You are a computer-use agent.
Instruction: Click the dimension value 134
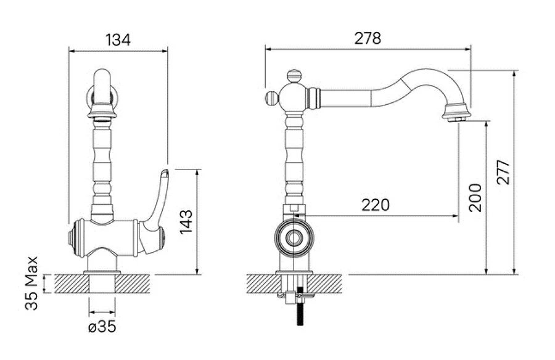[118, 39]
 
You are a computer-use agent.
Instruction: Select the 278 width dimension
[368, 38]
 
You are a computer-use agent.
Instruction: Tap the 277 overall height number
[503, 173]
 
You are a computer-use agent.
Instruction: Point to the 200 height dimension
[475, 198]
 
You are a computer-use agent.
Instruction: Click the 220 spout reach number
[376, 205]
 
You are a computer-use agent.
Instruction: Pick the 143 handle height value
[186, 222]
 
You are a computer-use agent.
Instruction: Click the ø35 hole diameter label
[102, 327]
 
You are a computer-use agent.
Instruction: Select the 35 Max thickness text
[31, 283]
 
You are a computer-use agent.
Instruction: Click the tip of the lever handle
[164, 173]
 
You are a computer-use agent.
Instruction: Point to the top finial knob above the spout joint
[294, 76]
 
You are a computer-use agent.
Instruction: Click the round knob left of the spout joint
[272, 97]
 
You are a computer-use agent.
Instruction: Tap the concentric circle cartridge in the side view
[294, 237]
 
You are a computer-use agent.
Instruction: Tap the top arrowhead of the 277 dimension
[514, 73]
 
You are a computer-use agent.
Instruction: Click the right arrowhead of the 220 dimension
[455, 215]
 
